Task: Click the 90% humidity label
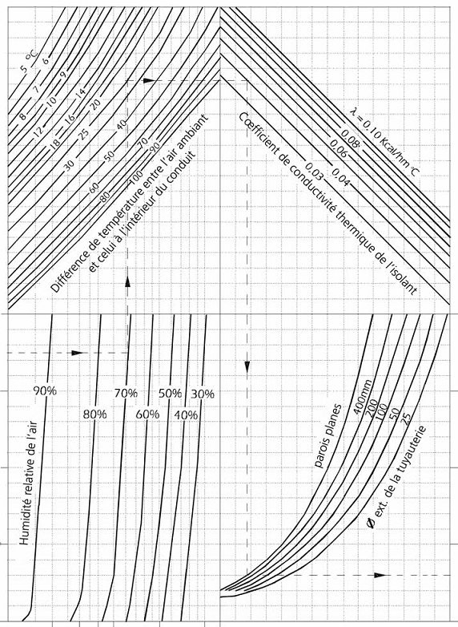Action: click(45, 391)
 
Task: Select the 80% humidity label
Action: click(95, 415)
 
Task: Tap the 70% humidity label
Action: click(126, 394)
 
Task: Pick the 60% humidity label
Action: click(148, 415)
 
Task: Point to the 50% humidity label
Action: click(170, 394)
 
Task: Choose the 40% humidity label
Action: click(186, 415)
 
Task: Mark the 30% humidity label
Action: click(203, 394)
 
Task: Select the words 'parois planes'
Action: click(327, 436)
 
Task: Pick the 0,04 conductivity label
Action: click(339, 178)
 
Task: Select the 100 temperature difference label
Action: click(137, 177)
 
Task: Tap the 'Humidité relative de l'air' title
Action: click(28, 482)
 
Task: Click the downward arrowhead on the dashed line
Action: click(247, 366)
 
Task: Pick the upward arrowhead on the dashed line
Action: click(128, 281)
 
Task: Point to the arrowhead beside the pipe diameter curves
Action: click(380, 575)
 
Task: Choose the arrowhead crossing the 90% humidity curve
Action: click(77, 353)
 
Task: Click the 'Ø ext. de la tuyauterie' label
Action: click(396, 478)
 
